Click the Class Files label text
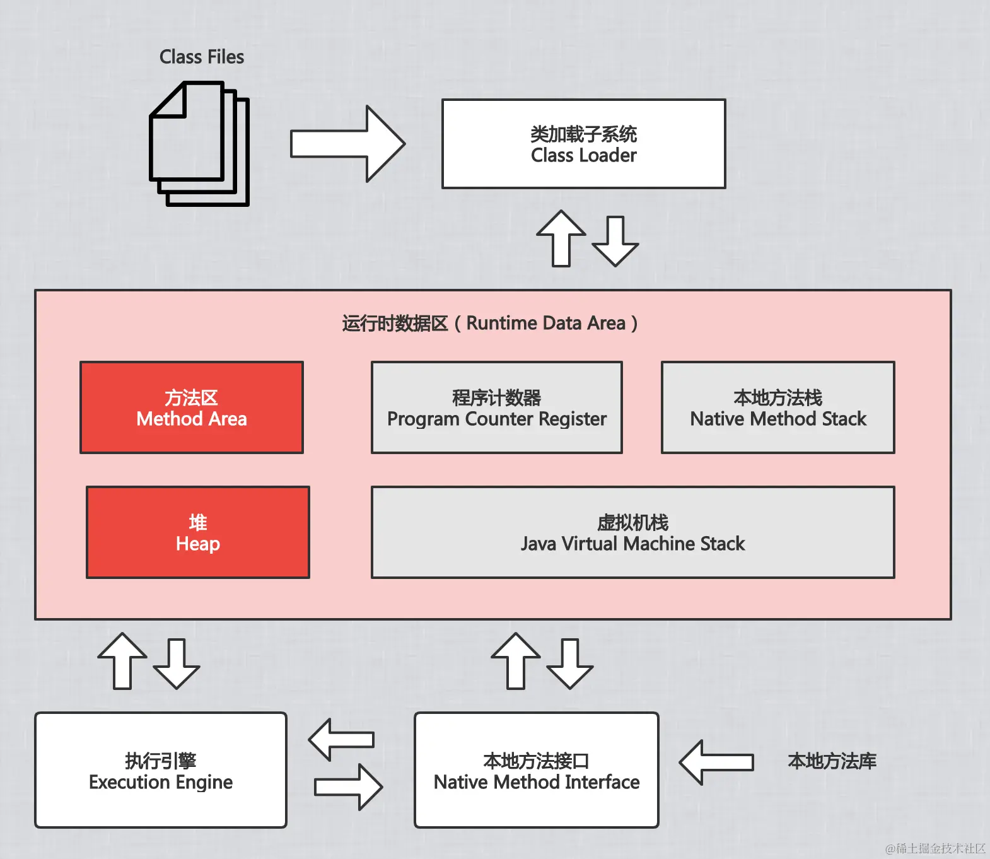pos(201,57)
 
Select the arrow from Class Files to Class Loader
pos(347,144)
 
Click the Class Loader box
pos(583,144)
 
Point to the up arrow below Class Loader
pos(561,238)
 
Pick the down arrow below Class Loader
pos(615,241)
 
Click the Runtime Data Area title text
pos(490,323)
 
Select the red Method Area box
pos(192,407)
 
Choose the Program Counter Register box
pos(496,407)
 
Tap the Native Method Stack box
pos(777,407)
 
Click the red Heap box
pos(198,532)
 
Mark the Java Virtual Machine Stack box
pos(632,532)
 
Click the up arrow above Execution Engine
pos(122,660)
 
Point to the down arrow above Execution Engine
pos(177,663)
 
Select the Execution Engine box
pos(161,770)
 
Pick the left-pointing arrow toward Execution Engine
pos(341,739)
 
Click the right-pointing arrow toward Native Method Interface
pos(348,786)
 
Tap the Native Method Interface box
pos(536,770)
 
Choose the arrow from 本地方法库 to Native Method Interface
pos(716,762)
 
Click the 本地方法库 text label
pos(832,761)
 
